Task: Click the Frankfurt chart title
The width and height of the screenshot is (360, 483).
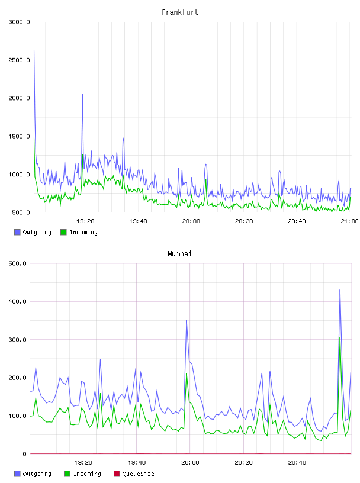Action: coord(180,12)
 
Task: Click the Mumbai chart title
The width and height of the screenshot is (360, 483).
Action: coord(179,254)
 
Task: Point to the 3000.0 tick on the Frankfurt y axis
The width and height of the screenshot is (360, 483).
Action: coord(19,22)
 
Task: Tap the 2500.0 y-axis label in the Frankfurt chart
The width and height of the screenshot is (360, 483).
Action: coord(19,60)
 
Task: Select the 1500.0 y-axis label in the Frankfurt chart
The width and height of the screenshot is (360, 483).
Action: coord(19,136)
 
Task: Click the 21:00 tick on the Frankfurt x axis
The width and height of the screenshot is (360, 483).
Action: coord(349,221)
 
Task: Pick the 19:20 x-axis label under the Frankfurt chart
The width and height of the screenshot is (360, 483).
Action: coord(85,221)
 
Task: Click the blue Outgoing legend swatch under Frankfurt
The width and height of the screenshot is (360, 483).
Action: coord(17,232)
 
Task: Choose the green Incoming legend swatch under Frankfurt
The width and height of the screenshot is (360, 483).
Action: coord(63,232)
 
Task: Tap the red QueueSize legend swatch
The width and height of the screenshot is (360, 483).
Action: coord(117,474)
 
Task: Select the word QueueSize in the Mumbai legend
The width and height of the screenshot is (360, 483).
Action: coord(138,474)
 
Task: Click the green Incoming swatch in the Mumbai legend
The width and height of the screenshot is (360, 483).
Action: coord(67,474)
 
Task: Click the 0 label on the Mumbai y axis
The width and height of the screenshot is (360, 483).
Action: coord(25,454)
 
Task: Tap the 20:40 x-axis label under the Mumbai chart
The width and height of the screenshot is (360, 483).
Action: coord(297,463)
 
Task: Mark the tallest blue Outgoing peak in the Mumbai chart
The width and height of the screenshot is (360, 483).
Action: coord(340,290)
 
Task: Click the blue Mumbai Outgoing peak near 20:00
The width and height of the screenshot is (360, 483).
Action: coord(187,320)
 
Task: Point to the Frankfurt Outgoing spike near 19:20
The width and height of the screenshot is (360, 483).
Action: coord(82,95)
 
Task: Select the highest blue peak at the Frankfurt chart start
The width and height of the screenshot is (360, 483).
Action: coord(34,50)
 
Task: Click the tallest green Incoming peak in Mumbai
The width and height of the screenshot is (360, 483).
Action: coord(340,337)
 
